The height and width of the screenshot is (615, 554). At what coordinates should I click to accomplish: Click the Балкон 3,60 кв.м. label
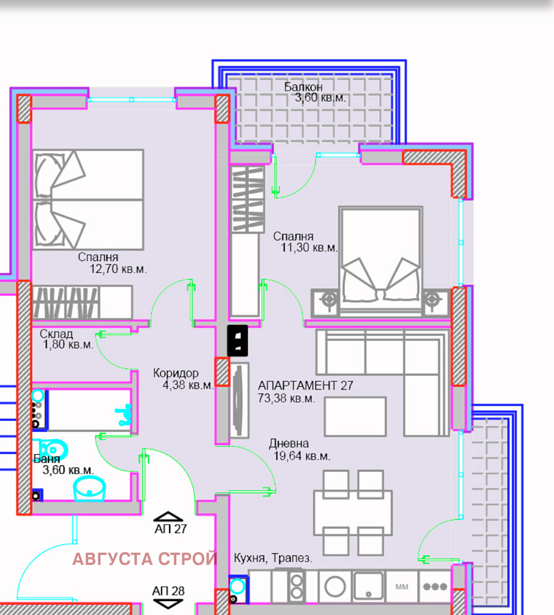click(314, 92)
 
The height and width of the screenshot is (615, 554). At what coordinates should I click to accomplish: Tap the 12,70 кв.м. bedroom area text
click(118, 269)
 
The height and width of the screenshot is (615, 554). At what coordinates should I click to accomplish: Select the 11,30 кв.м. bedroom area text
click(309, 248)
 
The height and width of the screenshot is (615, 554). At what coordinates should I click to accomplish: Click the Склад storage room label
click(56, 334)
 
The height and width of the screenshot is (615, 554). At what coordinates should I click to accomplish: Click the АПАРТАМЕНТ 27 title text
click(305, 386)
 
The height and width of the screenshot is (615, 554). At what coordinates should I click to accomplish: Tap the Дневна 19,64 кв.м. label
click(301, 450)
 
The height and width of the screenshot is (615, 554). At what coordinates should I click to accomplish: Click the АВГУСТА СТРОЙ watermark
click(145, 559)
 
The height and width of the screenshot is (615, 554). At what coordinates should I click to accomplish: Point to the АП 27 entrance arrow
click(170, 517)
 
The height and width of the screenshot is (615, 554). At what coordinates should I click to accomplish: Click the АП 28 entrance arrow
click(169, 603)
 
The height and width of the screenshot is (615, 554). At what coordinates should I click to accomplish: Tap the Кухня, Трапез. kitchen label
click(273, 559)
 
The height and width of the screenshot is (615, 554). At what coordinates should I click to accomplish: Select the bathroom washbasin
click(89, 489)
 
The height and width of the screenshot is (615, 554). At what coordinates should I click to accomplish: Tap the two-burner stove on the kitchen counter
click(296, 586)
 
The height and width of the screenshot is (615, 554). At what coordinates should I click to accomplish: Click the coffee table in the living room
click(355, 416)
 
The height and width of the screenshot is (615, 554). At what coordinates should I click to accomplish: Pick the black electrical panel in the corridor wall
click(238, 340)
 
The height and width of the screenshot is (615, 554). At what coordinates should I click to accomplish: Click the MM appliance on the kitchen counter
click(402, 586)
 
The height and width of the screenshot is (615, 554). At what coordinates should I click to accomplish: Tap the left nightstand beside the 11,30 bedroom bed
click(329, 301)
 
